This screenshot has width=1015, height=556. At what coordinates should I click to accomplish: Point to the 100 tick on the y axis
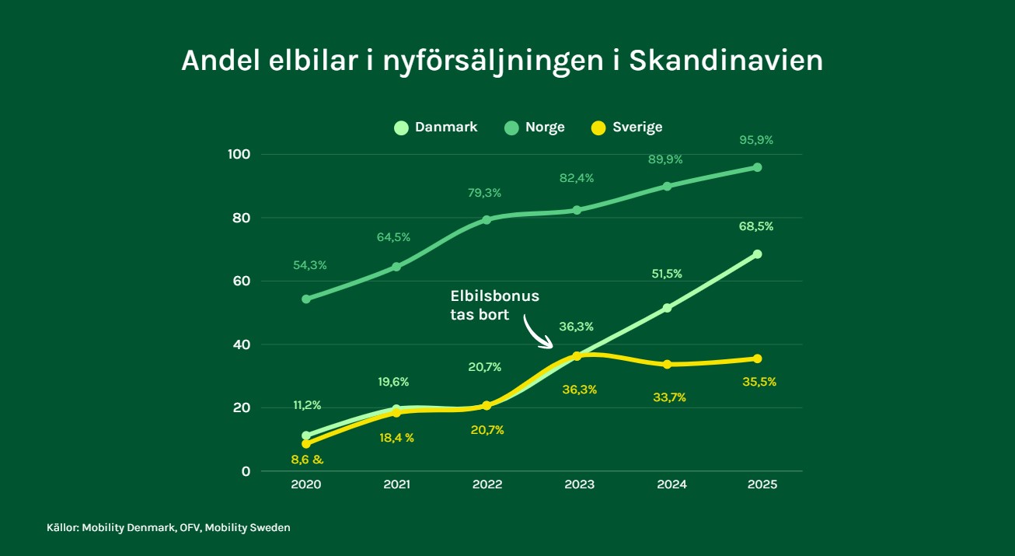239,154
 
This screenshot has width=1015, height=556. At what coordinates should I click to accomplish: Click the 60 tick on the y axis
242,281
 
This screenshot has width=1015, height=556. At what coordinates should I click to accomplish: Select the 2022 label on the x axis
487,484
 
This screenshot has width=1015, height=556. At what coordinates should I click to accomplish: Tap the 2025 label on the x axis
762,484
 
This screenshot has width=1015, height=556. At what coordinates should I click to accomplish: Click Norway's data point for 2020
306,299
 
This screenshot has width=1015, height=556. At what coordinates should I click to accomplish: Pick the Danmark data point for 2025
757,254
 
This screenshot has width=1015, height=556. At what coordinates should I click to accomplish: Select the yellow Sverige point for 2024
667,364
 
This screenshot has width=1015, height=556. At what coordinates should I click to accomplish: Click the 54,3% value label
309,265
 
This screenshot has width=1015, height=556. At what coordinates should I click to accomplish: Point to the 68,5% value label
757,226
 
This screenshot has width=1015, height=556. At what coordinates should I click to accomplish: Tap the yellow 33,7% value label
669,397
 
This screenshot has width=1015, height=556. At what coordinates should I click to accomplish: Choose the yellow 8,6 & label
307,460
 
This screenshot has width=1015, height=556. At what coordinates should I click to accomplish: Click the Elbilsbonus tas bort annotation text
495,305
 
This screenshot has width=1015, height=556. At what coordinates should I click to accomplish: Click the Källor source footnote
168,528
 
